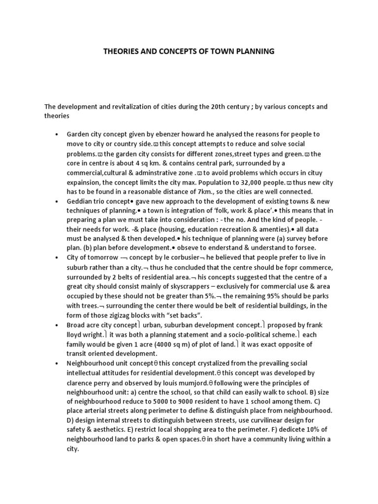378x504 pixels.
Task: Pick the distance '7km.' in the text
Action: click(x=206, y=191)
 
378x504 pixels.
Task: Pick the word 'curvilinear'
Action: click(x=265, y=420)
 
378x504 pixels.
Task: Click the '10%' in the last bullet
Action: click(x=314, y=430)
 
